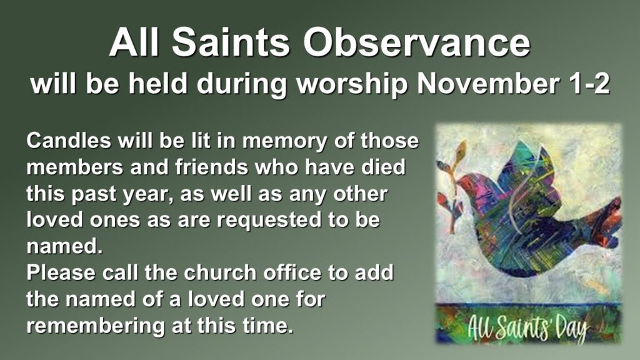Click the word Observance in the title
[x=416, y=42]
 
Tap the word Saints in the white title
[x=231, y=42]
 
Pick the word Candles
[x=69, y=141]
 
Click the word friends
[x=211, y=167]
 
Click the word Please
[x=61, y=272]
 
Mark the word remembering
[x=96, y=326]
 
